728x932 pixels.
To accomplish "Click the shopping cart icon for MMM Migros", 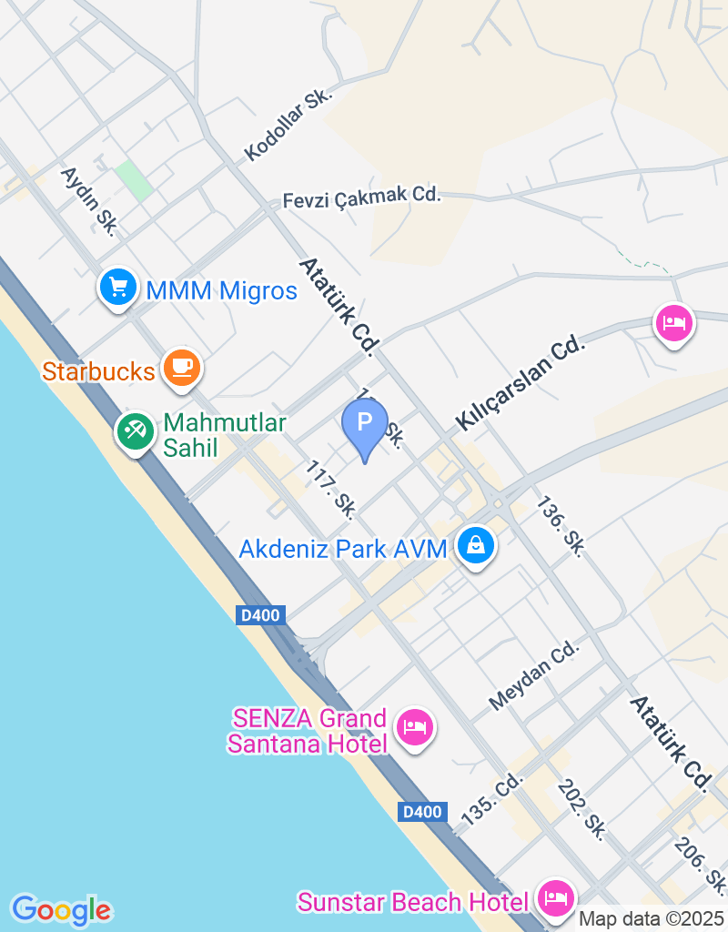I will click(117, 288).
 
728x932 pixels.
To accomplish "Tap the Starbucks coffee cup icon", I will click(181, 367).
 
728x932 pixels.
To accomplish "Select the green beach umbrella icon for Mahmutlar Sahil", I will click(136, 431).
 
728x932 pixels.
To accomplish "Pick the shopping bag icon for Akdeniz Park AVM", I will click(475, 546).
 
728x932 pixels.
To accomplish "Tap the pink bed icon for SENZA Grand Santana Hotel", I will click(415, 726).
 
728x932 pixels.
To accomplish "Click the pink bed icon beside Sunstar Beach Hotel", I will click(555, 899).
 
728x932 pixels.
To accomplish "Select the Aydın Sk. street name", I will click(88, 200).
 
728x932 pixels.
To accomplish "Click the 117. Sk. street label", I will click(330, 485).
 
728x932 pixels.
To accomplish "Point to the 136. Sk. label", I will click(560, 525).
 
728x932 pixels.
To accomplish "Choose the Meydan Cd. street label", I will click(534, 674).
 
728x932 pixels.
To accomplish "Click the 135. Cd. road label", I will click(493, 799).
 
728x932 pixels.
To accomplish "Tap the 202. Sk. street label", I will click(582, 808).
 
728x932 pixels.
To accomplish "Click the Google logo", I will click(61, 909).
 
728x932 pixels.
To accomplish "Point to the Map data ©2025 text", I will click(651, 919).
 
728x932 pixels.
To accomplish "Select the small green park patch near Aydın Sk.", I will click(134, 180).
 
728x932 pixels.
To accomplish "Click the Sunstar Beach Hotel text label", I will click(413, 902).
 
